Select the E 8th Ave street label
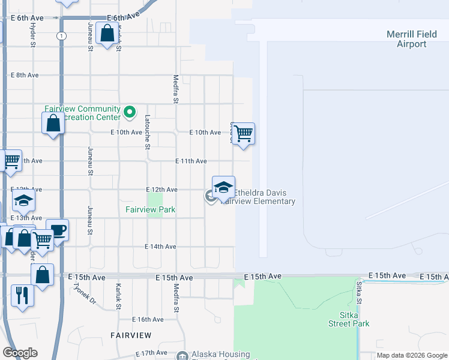pyautogui.click(x=25, y=75)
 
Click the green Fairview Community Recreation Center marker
pyautogui.click(x=128, y=112)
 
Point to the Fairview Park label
pyautogui.click(x=150, y=209)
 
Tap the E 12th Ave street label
pyautogui.click(x=161, y=190)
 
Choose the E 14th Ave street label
pyautogui.click(x=160, y=247)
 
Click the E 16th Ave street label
pyautogui.click(x=148, y=320)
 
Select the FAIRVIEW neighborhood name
pyautogui.click(x=130, y=334)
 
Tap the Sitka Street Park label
pyautogui.click(x=349, y=319)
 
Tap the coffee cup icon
pyautogui.click(x=57, y=230)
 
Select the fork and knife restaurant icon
pyautogui.click(x=22, y=295)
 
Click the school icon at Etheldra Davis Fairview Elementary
pyautogui.click(x=223, y=187)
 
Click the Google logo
pyautogui.click(x=20, y=353)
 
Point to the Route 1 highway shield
pyautogui.click(x=62, y=36)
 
